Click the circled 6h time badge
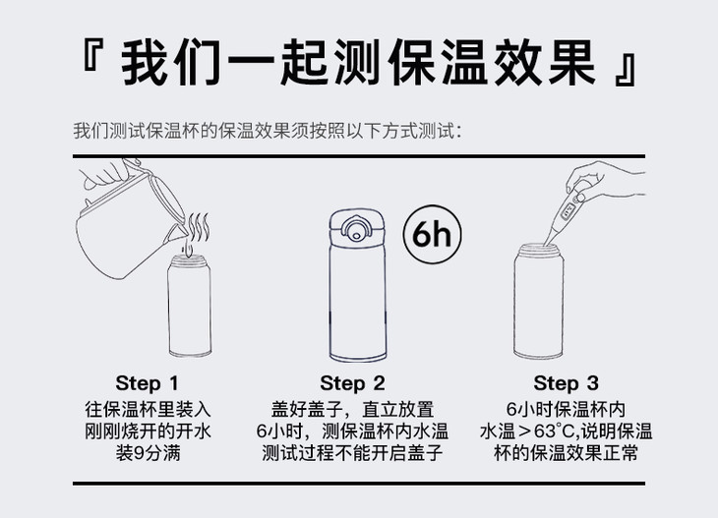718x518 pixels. coord(432,234)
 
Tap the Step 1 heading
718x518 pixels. coord(147,383)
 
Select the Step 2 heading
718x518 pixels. coord(352,383)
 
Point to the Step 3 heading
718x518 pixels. coord(566,383)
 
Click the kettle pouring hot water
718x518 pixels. coord(131,224)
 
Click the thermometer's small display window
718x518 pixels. coord(568,210)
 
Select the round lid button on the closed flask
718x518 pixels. coord(356,230)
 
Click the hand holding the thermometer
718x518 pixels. coord(605,181)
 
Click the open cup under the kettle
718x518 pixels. coord(190,306)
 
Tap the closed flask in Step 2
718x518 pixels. coord(358,285)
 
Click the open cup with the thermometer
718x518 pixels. coord(539,301)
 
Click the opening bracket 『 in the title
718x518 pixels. coord(90,55)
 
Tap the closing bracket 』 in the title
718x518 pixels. coord(626,70)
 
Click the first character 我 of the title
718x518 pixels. coord(147,62)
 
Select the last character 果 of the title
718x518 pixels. coord(572,62)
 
